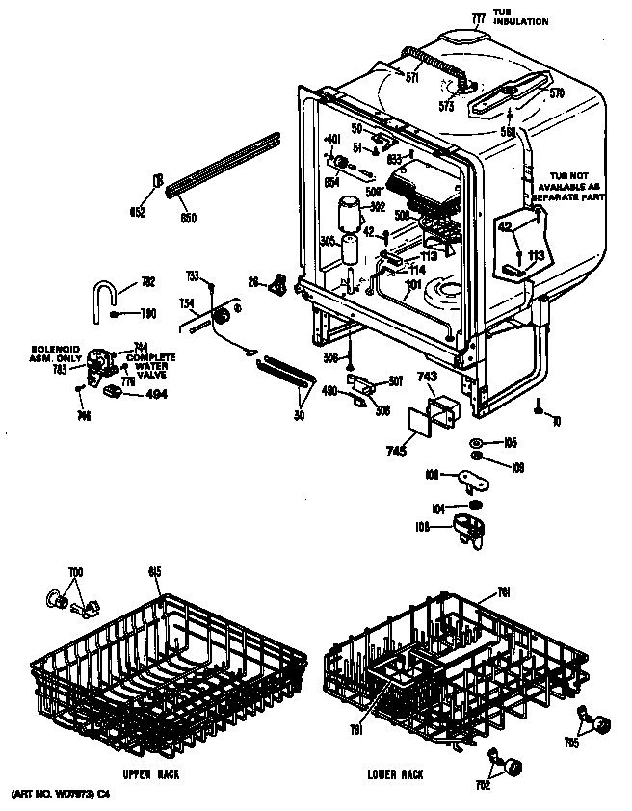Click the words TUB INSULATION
click(x=521, y=17)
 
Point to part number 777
click(x=478, y=18)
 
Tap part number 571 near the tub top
click(x=412, y=79)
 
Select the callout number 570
click(x=557, y=93)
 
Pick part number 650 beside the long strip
click(x=189, y=219)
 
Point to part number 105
click(x=511, y=442)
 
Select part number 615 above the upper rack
click(x=154, y=572)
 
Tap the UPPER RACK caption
click(x=152, y=773)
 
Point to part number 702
click(x=483, y=785)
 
